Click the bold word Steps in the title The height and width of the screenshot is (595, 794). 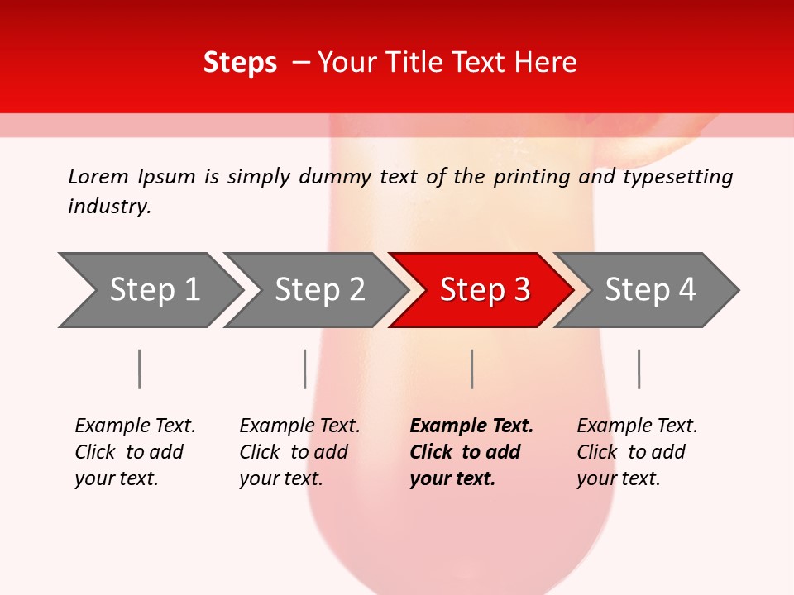240,63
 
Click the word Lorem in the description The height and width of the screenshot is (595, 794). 98,176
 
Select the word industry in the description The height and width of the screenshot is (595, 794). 109,207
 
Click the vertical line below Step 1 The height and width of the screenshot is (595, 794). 139,369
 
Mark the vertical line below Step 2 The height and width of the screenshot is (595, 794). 304,369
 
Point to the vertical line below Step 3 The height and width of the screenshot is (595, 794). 471,369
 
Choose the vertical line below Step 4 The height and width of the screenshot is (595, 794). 639,369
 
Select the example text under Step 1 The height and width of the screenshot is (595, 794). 135,452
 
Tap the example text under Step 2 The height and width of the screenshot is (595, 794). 299,452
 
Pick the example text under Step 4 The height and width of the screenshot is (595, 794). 637,452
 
